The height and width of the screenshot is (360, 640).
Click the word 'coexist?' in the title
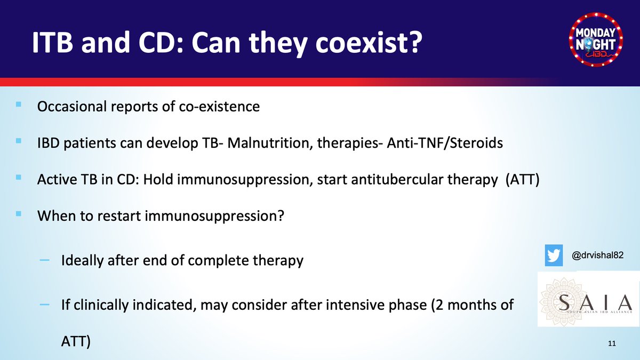click(x=369, y=43)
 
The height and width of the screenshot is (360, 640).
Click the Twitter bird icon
click(x=554, y=255)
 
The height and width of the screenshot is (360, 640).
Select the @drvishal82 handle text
click(x=597, y=255)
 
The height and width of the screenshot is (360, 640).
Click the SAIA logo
click(x=589, y=299)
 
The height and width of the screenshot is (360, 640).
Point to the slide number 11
click(x=612, y=343)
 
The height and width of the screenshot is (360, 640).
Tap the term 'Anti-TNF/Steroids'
click(x=445, y=143)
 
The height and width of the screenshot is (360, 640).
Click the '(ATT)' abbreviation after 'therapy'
click(x=522, y=179)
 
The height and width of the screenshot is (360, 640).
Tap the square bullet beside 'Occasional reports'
click(x=19, y=105)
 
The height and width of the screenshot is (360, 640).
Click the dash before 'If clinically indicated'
click(x=45, y=305)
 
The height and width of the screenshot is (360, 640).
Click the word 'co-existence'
click(x=219, y=106)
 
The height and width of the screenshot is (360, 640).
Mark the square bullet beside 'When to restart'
click(x=19, y=214)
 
